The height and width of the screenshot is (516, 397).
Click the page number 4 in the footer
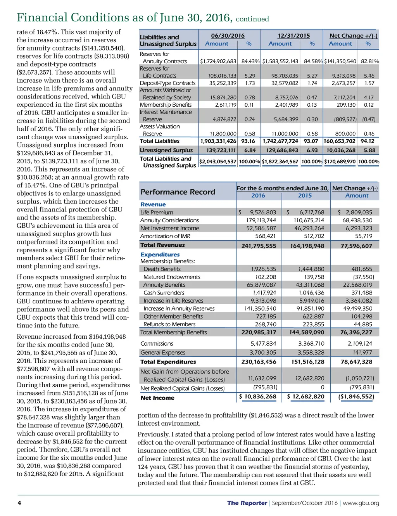[x=19, y=503]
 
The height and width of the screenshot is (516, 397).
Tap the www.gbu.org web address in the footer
[x=361, y=503]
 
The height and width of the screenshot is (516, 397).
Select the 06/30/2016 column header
[x=228, y=36]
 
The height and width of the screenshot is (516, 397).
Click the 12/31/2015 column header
[x=293, y=36]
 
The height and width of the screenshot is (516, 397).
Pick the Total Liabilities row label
[x=159, y=141]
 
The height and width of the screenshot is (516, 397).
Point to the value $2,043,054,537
[x=218, y=161]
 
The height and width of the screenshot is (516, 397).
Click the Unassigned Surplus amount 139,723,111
[x=221, y=150]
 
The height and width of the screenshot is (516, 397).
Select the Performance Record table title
[x=178, y=192]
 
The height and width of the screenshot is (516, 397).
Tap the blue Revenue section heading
[x=153, y=204]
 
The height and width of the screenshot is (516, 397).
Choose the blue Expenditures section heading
[x=160, y=255]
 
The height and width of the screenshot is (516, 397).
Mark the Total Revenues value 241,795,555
[x=259, y=246]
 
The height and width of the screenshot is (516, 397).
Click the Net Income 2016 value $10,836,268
[x=257, y=397]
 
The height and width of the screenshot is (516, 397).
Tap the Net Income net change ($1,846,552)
[x=356, y=397]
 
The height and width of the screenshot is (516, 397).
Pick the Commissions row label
[x=157, y=344]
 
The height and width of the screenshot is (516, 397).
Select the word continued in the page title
[x=252, y=19]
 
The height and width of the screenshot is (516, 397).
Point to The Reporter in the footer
[x=247, y=503]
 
